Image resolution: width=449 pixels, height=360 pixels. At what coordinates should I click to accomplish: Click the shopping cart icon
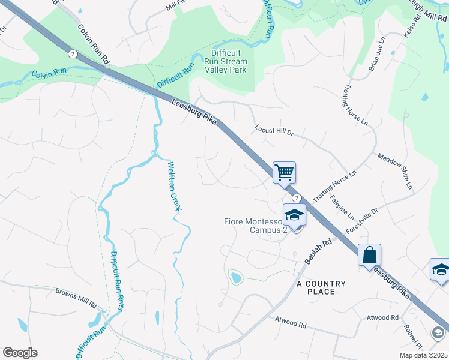coord(285,172)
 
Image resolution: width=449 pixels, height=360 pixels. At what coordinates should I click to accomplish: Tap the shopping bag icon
coord(369,254)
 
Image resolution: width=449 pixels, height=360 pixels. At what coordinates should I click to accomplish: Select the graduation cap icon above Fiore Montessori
coord(294,215)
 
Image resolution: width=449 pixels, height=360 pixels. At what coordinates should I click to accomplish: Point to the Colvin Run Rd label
coord(95,44)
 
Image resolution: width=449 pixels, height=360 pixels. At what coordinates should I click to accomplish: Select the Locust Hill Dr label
coord(274,130)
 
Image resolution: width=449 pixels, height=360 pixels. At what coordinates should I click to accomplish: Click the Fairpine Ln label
coord(343,208)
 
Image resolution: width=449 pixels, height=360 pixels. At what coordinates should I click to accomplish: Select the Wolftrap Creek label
coord(174,187)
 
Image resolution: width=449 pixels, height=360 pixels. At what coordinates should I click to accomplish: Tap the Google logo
coord(20,353)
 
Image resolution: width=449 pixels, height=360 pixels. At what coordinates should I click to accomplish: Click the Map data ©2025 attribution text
coord(423,355)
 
